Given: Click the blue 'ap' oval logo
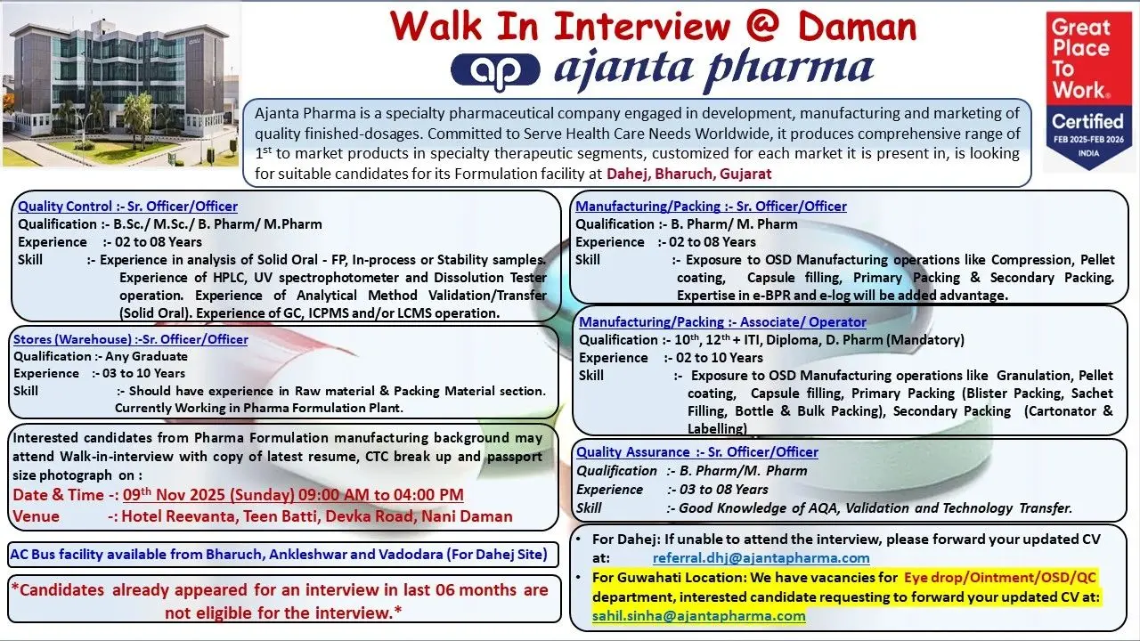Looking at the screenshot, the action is pyautogui.click(x=495, y=71).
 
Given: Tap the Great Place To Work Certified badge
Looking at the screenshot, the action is pyautogui.click(x=1088, y=90).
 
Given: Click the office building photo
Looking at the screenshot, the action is pyautogui.click(x=120, y=85).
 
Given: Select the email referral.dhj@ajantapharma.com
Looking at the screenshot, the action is pyautogui.click(x=761, y=558).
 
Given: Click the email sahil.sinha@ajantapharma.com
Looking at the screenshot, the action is pyautogui.click(x=699, y=616).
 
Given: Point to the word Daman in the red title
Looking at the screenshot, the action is pyautogui.click(x=857, y=27).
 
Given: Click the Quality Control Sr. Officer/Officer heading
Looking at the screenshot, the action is pyautogui.click(x=127, y=206).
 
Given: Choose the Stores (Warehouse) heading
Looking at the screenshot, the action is pyautogui.click(x=131, y=339).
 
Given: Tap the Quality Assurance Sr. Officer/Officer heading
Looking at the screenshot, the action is pyautogui.click(x=697, y=452).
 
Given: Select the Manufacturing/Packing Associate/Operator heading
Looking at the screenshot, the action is pyautogui.click(x=722, y=322).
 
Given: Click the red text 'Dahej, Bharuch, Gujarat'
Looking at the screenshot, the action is pyautogui.click(x=689, y=174).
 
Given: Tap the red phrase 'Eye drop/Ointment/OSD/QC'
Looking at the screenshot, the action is pyautogui.click(x=1000, y=578).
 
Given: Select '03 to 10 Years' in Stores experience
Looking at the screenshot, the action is pyautogui.click(x=143, y=373).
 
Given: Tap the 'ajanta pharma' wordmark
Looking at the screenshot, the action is pyautogui.click(x=714, y=69).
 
